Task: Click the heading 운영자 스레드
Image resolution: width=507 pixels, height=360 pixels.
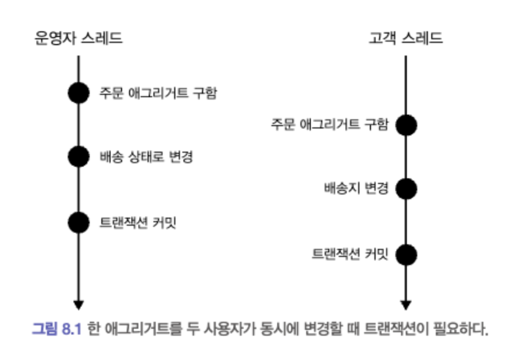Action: coord(79,39)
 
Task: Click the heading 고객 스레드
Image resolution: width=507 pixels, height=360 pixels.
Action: coord(406,39)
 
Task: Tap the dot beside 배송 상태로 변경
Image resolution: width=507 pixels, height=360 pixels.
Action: coord(79,156)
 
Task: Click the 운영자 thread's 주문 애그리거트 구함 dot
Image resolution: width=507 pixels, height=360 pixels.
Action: coord(79,93)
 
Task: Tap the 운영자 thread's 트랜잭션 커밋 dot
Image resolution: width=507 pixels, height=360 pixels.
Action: coord(79,222)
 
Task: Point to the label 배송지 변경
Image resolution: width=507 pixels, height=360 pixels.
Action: coord(355,189)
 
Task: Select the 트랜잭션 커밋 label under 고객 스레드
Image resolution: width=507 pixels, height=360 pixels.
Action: coord(350,254)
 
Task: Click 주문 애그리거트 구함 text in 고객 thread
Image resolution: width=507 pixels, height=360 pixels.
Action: coord(329,124)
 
